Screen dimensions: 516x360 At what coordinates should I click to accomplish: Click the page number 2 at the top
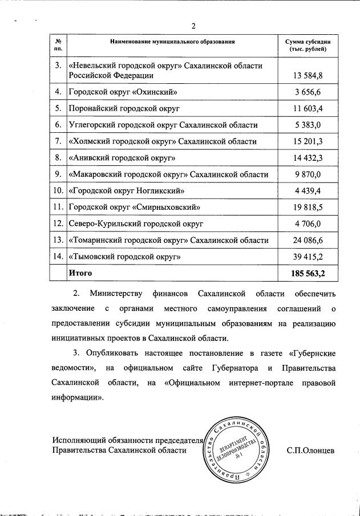tap(193, 26)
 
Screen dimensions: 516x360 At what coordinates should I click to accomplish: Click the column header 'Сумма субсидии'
tap(307, 42)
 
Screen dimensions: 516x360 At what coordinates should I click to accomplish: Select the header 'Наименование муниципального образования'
tap(172, 42)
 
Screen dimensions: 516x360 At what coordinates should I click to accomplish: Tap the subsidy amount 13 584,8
tap(310, 75)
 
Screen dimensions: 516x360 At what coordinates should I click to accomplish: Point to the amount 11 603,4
tap(310, 108)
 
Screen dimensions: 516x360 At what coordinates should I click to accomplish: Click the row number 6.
tap(58, 125)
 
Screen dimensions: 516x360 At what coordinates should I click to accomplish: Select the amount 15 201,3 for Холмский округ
tap(310, 141)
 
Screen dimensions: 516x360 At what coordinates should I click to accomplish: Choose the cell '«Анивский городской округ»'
tap(122, 158)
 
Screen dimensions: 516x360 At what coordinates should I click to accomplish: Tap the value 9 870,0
tap(312, 174)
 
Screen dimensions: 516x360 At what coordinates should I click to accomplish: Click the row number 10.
tap(58, 191)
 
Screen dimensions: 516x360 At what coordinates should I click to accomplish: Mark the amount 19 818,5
tap(310, 208)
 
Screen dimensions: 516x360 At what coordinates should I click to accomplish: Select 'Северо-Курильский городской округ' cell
tap(136, 224)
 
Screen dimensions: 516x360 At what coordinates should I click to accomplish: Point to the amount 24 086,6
tap(310, 241)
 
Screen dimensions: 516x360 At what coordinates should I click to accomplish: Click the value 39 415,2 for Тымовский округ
tap(310, 257)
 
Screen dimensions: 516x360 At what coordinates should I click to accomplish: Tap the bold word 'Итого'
tap(80, 274)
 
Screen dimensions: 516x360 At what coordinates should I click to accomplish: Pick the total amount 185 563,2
tap(308, 274)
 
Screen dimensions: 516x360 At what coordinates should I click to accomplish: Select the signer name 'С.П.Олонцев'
tap(310, 450)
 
